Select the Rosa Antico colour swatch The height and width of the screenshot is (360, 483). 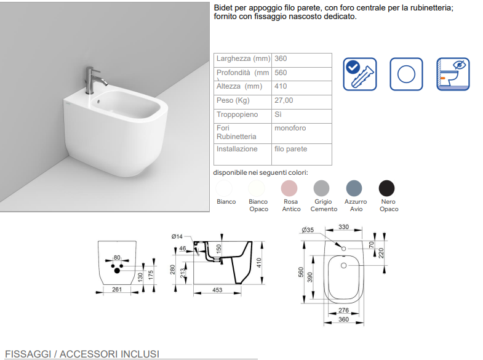point(289,188)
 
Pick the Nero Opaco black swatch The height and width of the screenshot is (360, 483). point(386,188)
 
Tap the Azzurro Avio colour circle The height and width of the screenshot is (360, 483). point(354,188)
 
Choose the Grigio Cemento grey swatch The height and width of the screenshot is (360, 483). point(321,188)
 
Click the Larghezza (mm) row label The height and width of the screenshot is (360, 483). point(244,58)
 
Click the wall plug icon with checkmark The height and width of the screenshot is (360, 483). point(360,74)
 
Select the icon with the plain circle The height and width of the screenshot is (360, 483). point(406,74)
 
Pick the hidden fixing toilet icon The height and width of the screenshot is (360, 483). point(453,74)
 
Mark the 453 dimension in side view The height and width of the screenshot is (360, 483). point(217,290)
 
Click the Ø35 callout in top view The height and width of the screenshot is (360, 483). point(308,230)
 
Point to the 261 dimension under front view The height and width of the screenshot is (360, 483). point(117,289)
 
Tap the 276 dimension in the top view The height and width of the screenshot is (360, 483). point(343,310)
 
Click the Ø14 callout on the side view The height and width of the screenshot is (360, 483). point(177,236)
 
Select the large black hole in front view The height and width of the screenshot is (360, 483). point(117,271)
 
